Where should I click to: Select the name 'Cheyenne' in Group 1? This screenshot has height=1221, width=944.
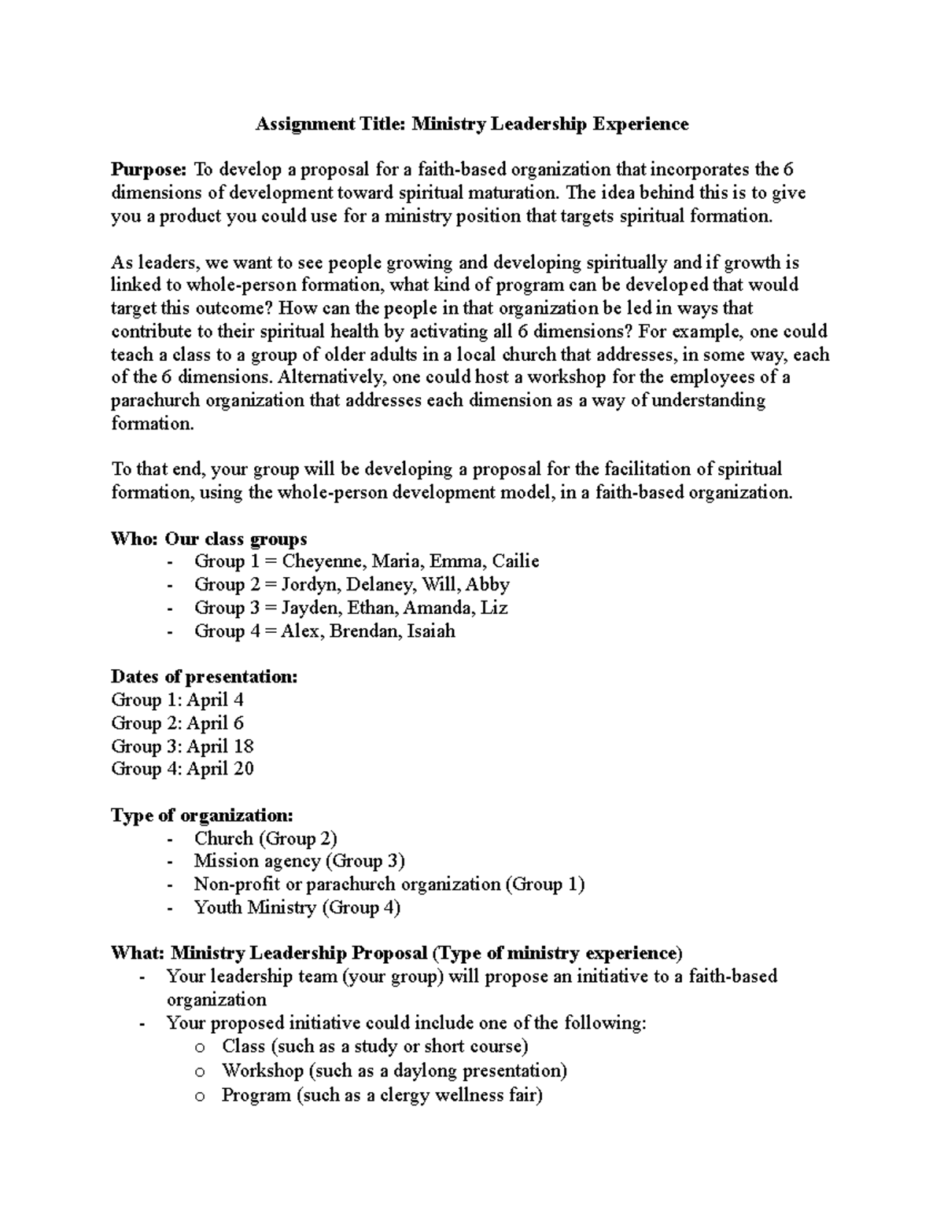[323, 561]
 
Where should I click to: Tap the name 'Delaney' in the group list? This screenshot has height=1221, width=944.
[381, 585]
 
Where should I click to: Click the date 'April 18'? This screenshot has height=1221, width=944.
[219, 746]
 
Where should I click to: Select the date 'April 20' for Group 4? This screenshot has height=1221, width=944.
[219, 769]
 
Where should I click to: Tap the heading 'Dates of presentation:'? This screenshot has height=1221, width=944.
[205, 677]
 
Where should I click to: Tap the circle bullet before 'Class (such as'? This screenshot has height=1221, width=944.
[201, 1048]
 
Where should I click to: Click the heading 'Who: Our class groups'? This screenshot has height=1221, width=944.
[209, 539]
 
